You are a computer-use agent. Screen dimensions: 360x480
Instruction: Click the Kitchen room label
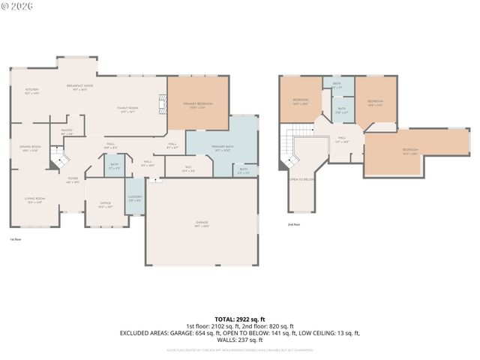tap(31, 91)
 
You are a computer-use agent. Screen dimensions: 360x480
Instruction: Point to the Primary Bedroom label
tap(199, 105)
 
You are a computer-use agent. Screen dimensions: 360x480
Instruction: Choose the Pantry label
tap(67, 132)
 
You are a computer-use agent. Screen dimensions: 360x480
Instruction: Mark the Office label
tap(105, 203)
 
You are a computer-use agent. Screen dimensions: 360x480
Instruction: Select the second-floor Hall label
tap(341, 139)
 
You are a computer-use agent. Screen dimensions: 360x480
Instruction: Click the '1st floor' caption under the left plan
tap(16, 239)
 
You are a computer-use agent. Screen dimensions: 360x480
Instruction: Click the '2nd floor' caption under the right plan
tap(293, 224)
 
